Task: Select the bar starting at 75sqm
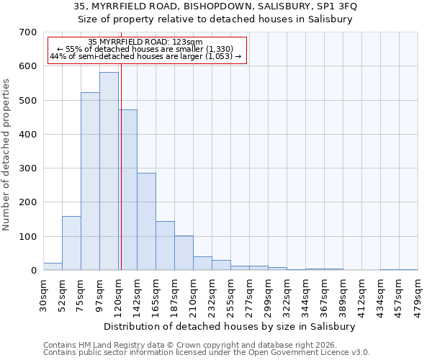90,181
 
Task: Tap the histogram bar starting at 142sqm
146,222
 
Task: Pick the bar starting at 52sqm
71,243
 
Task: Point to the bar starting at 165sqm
165,246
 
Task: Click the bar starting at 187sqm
184,253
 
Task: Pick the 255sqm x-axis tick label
230,294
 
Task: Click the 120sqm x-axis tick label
118,294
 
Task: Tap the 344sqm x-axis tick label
305,294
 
